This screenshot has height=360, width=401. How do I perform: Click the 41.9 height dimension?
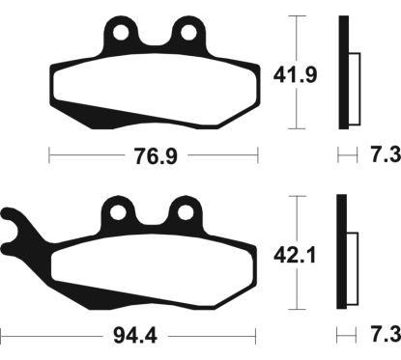click(x=288, y=72)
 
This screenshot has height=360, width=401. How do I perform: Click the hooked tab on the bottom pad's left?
click(x=19, y=236)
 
